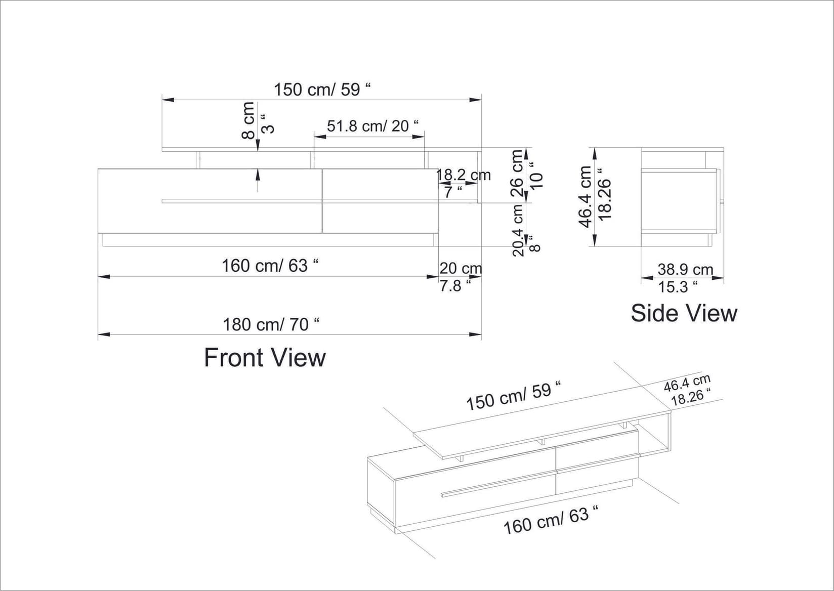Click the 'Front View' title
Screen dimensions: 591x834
tap(265, 358)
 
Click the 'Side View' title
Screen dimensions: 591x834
tap(684, 313)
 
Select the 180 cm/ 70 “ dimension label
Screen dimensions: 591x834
tap(271, 324)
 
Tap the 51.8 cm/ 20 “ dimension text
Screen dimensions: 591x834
tap(373, 125)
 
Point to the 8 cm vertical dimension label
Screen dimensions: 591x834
tap(248, 120)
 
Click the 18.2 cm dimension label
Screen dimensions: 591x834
tap(464, 175)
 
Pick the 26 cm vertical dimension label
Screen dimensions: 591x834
tap(517, 173)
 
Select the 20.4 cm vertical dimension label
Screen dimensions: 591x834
tap(518, 230)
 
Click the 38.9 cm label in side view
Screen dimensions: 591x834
tap(685, 270)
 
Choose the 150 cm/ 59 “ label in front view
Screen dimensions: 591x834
tap(322, 90)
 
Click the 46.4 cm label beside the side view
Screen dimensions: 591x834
tap(585, 196)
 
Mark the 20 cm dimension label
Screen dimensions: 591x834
tap(461, 268)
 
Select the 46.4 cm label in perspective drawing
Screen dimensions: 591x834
tap(687, 384)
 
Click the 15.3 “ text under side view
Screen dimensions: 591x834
tap(677, 287)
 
